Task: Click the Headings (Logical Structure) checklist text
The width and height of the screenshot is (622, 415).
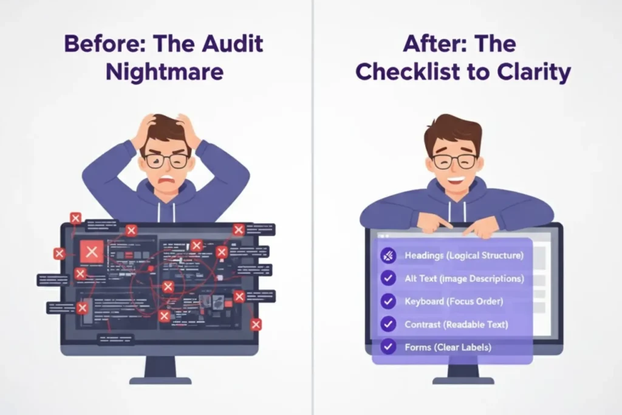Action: pyautogui.click(x=463, y=256)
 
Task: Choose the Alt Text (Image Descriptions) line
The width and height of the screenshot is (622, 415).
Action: pyautogui.click(x=463, y=279)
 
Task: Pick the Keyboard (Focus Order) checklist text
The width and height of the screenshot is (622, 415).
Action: pyautogui.click(x=454, y=301)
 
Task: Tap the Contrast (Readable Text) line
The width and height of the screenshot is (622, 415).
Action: pyautogui.click(x=456, y=324)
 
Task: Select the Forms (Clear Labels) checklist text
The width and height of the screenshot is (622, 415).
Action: pyautogui.click(x=448, y=348)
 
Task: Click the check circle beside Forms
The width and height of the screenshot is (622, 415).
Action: pyautogui.click(x=388, y=348)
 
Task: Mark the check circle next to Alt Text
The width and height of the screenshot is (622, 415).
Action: pyautogui.click(x=388, y=279)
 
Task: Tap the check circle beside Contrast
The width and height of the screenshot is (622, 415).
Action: pyautogui.click(x=388, y=324)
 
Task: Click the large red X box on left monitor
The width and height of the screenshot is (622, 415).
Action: pyautogui.click(x=92, y=251)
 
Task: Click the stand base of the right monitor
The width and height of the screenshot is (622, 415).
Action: pyautogui.click(x=463, y=380)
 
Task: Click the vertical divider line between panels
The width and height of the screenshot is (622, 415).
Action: pyautogui.click(x=313, y=243)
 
